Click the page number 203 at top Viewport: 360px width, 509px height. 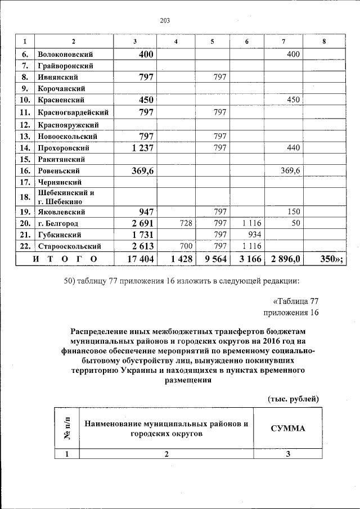pos(164,21)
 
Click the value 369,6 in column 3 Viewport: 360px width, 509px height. pos(143,170)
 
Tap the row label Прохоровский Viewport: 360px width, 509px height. pos(63,147)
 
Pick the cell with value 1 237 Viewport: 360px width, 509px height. pos(143,147)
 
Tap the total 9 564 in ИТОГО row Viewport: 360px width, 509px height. pos(215,258)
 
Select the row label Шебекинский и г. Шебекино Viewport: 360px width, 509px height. pos(61,197)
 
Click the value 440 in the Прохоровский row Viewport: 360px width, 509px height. pos(293,147)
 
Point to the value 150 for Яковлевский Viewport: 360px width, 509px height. pos(293,212)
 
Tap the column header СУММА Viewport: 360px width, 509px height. pos(288,428)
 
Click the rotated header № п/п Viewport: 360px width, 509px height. pos(66,429)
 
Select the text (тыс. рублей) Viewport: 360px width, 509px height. pos(292,398)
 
